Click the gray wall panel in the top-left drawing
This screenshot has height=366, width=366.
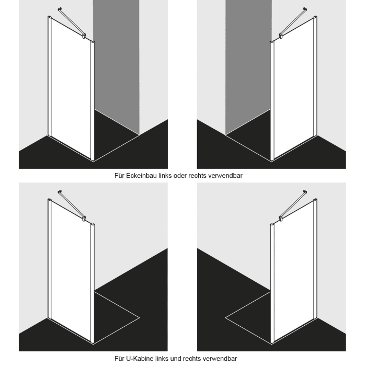pyautogui.click(x=116, y=63)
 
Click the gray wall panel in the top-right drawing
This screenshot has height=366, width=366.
pyautogui.click(x=248, y=63)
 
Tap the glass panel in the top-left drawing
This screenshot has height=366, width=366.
pyautogui.click(x=71, y=92)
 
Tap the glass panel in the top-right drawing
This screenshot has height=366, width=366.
pyautogui.click(x=293, y=92)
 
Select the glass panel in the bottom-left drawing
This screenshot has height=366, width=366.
pyautogui.click(x=71, y=272)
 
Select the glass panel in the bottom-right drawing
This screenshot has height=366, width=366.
pyautogui.click(x=293, y=272)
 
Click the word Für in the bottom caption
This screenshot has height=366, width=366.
pyautogui.click(x=121, y=359)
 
